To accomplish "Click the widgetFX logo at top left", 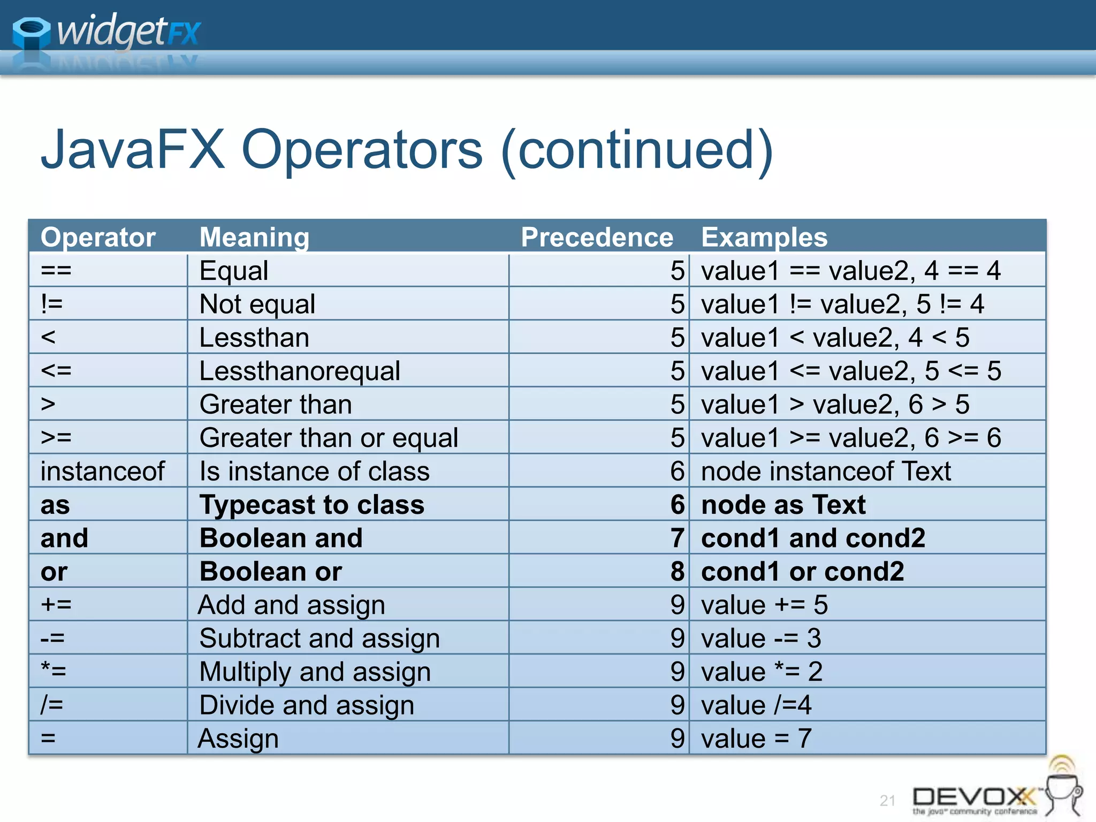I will pyautogui.click(x=107, y=32).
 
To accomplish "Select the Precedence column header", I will pyautogui.click(x=597, y=237).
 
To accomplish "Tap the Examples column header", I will pyautogui.click(x=764, y=237).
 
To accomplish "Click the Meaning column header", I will pyautogui.click(x=254, y=237).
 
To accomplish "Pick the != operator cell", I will pyautogui.click(x=52, y=304).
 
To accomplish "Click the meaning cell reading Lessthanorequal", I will pyautogui.click(x=300, y=371).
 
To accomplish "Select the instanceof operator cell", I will pyautogui.click(x=102, y=471).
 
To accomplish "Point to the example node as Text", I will pyautogui.click(x=783, y=505).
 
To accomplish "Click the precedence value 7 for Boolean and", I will pyautogui.click(x=678, y=538).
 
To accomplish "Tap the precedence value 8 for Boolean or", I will pyautogui.click(x=678, y=572).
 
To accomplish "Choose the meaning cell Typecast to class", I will pyautogui.click(x=312, y=505).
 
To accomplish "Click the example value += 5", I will pyautogui.click(x=764, y=605).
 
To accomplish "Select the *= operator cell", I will pyautogui.click(x=54, y=672).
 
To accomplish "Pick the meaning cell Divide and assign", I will pyautogui.click(x=307, y=705).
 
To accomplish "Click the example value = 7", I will pyautogui.click(x=756, y=739).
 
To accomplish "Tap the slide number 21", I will pyautogui.click(x=887, y=801).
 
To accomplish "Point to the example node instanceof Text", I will pyautogui.click(x=826, y=471).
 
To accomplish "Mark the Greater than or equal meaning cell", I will pyautogui.click(x=329, y=438).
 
